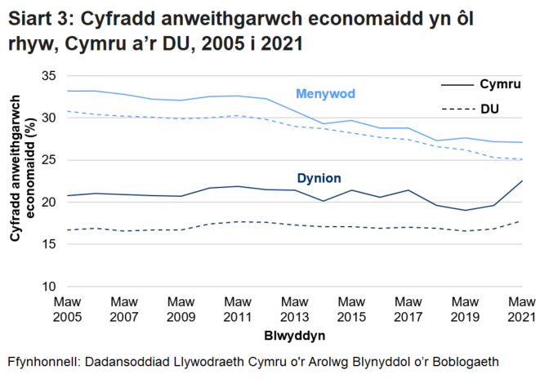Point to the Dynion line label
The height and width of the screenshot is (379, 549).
click(x=319, y=178)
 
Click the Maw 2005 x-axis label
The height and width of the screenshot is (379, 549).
click(x=67, y=309)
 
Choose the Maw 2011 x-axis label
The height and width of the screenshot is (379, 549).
click(x=238, y=309)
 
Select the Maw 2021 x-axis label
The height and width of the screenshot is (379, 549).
click(x=522, y=309)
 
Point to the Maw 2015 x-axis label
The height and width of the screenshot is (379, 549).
click(x=351, y=309)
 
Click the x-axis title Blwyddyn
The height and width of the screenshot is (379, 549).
click(x=294, y=336)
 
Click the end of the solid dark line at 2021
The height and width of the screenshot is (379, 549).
click(x=522, y=181)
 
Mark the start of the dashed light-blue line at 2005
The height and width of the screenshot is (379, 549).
click(x=67, y=111)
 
